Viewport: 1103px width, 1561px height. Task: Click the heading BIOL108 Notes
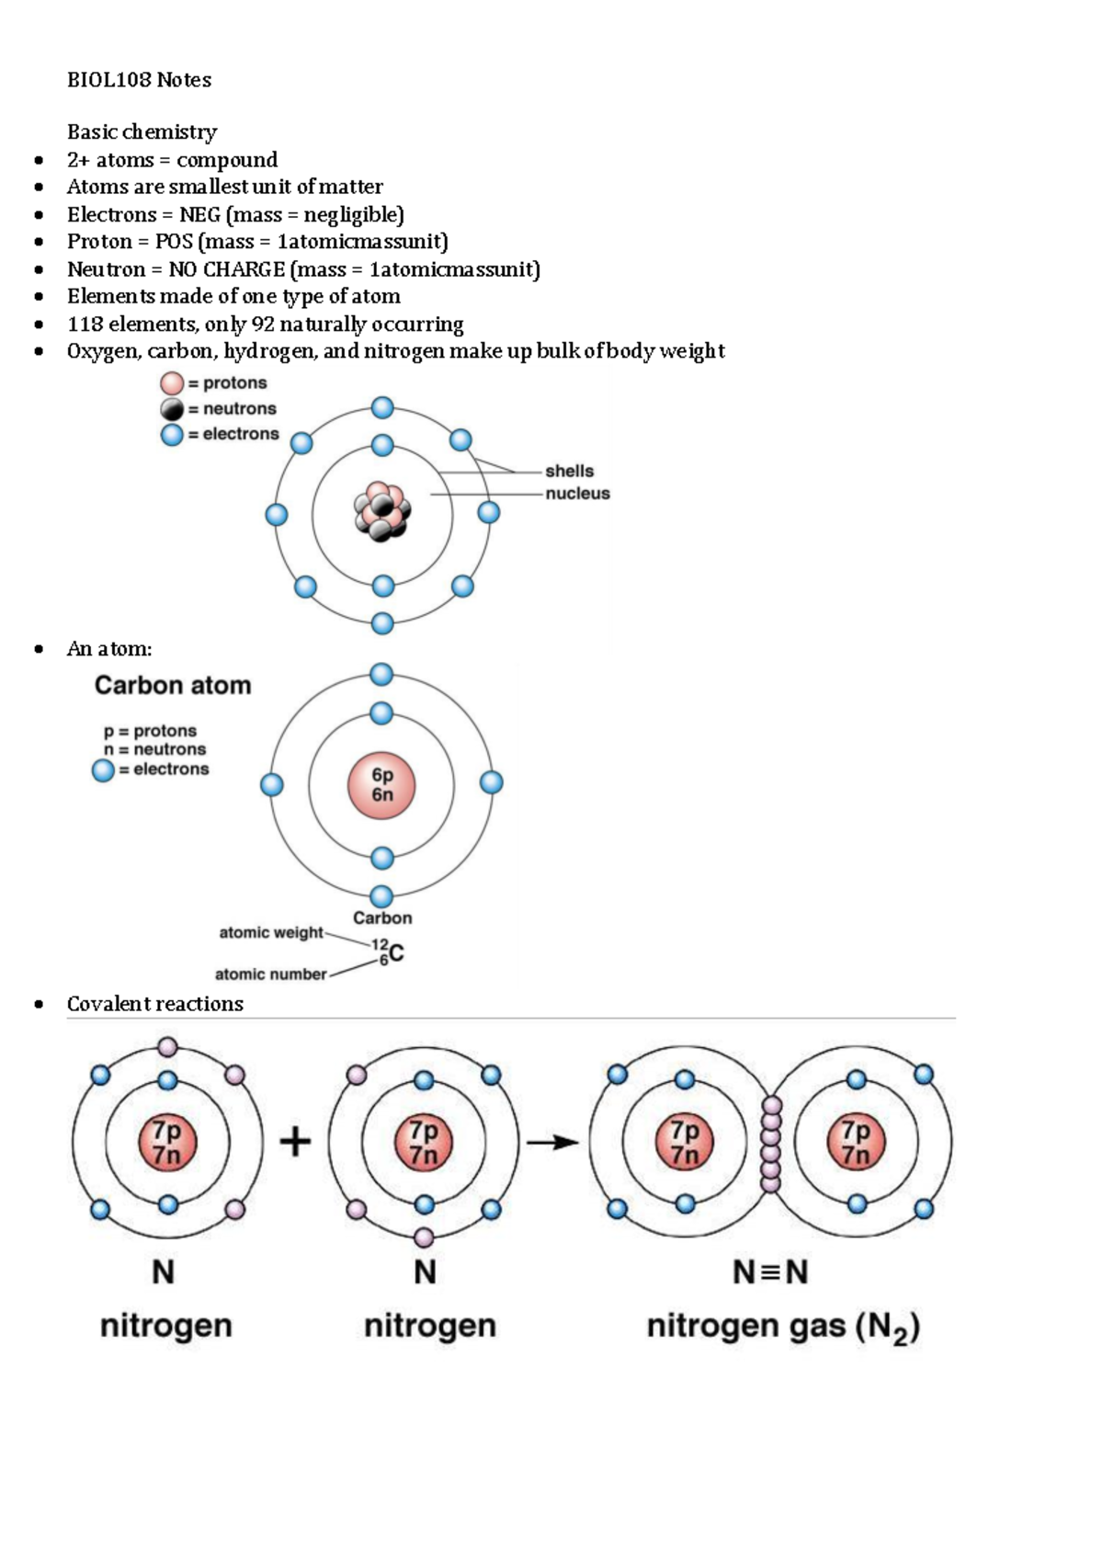tap(139, 80)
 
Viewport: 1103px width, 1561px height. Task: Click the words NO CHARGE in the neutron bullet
tap(226, 269)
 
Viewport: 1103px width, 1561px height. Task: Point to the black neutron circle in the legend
tap(172, 409)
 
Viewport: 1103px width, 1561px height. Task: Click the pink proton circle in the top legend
tap(172, 383)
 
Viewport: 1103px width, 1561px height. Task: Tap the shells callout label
tap(569, 471)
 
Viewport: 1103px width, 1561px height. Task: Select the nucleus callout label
tap(577, 494)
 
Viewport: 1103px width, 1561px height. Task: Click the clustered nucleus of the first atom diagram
tap(381, 511)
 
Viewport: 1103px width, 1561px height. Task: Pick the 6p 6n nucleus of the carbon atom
tap(381, 786)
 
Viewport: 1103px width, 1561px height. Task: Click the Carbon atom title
tap(173, 685)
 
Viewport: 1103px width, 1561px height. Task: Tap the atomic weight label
tap(270, 932)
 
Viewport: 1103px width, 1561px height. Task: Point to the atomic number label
tap(270, 974)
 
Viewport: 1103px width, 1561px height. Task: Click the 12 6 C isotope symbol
tap(387, 952)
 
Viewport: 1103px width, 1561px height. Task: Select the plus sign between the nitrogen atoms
tap(295, 1143)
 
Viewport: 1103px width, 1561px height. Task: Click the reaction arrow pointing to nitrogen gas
tap(552, 1143)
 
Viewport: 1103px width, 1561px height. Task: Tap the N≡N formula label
tap(770, 1272)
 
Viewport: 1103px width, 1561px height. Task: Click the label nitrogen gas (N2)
tap(783, 1327)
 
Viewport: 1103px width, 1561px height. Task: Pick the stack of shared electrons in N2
tap(771, 1143)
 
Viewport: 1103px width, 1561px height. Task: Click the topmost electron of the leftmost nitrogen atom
tap(167, 1047)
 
